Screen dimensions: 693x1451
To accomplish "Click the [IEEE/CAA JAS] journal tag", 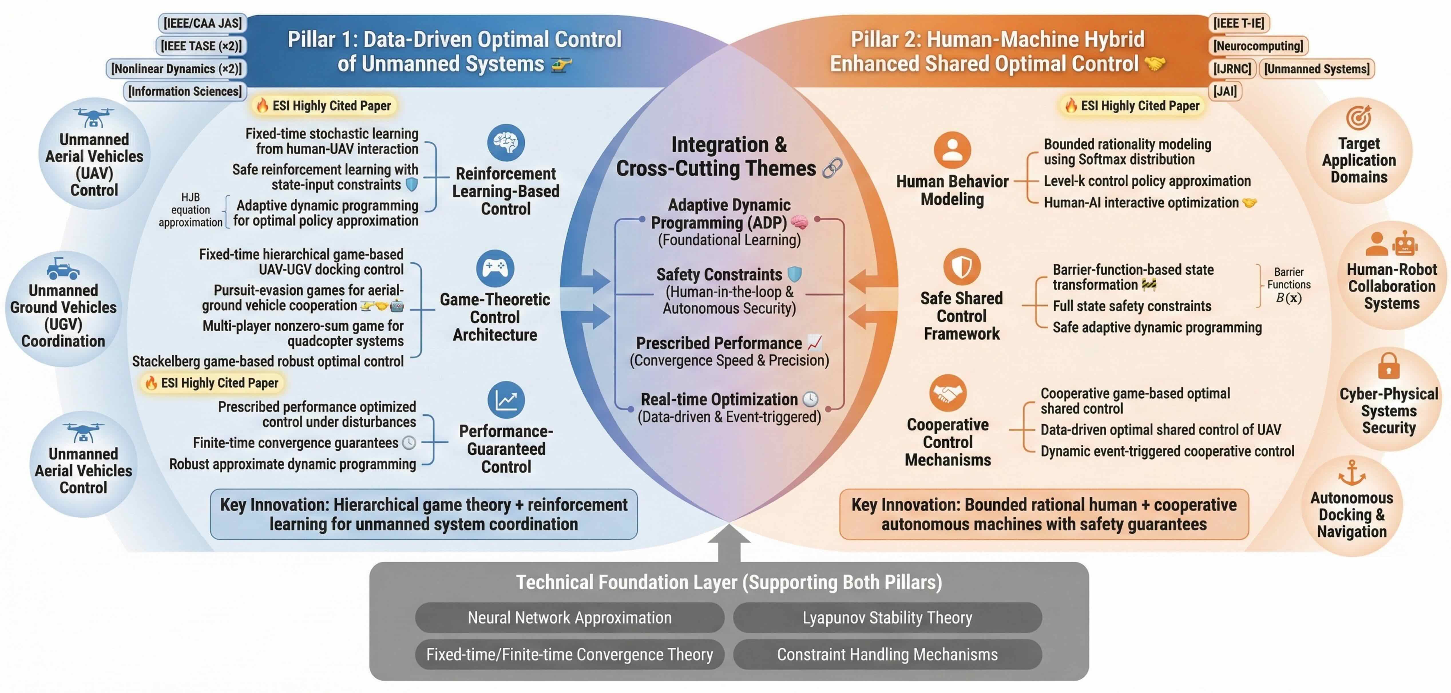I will point(203,23).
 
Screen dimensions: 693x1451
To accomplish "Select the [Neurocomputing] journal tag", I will point(1258,45).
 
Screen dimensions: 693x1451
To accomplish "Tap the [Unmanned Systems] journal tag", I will point(1316,69).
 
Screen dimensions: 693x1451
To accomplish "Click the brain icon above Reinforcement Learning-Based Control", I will point(506,142).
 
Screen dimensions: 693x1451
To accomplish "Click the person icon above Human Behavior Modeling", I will point(952,150).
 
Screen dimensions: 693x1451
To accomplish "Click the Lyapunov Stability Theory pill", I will point(887,617).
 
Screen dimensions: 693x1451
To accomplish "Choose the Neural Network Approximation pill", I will point(570,617).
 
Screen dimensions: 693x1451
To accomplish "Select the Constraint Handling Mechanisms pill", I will point(887,654).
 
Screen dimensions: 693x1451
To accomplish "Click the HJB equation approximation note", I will point(191,210).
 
